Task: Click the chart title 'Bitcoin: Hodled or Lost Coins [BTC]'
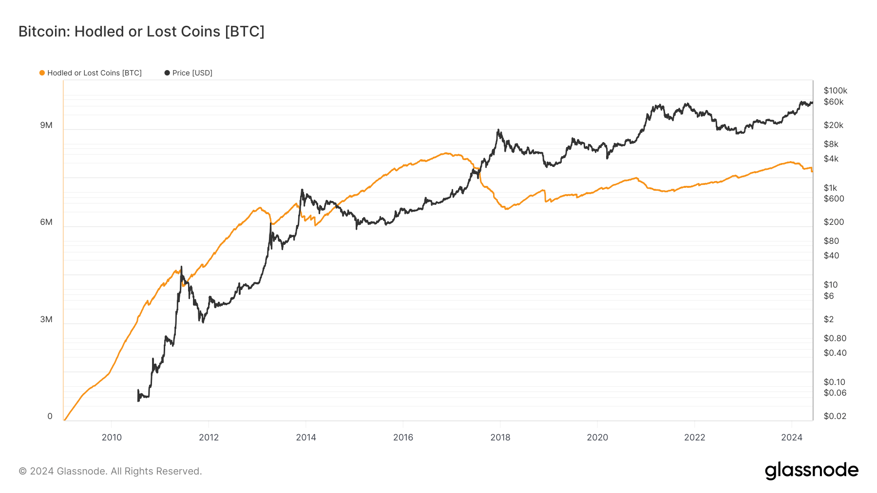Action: tap(141, 32)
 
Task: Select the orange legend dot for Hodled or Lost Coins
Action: tap(42, 73)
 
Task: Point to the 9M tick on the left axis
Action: tap(46, 126)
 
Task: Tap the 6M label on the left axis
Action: tap(46, 222)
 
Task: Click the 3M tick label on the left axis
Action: tap(46, 320)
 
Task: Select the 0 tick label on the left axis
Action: tap(50, 417)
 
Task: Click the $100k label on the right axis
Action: tap(835, 91)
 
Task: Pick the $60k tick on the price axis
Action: tap(833, 102)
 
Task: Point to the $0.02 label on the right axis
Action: tap(835, 416)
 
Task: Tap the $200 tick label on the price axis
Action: tap(833, 222)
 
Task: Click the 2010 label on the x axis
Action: tap(112, 438)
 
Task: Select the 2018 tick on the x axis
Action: tap(500, 438)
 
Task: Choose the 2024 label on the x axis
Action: tap(791, 438)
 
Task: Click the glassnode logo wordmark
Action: tap(811, 471)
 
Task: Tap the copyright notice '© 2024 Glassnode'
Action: tap(110, 471)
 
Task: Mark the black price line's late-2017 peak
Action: tap(498, 130)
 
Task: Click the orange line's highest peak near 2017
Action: tap(446, 153)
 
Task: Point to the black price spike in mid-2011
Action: tap(181, 267)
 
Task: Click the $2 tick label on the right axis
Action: tap(828, 319)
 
